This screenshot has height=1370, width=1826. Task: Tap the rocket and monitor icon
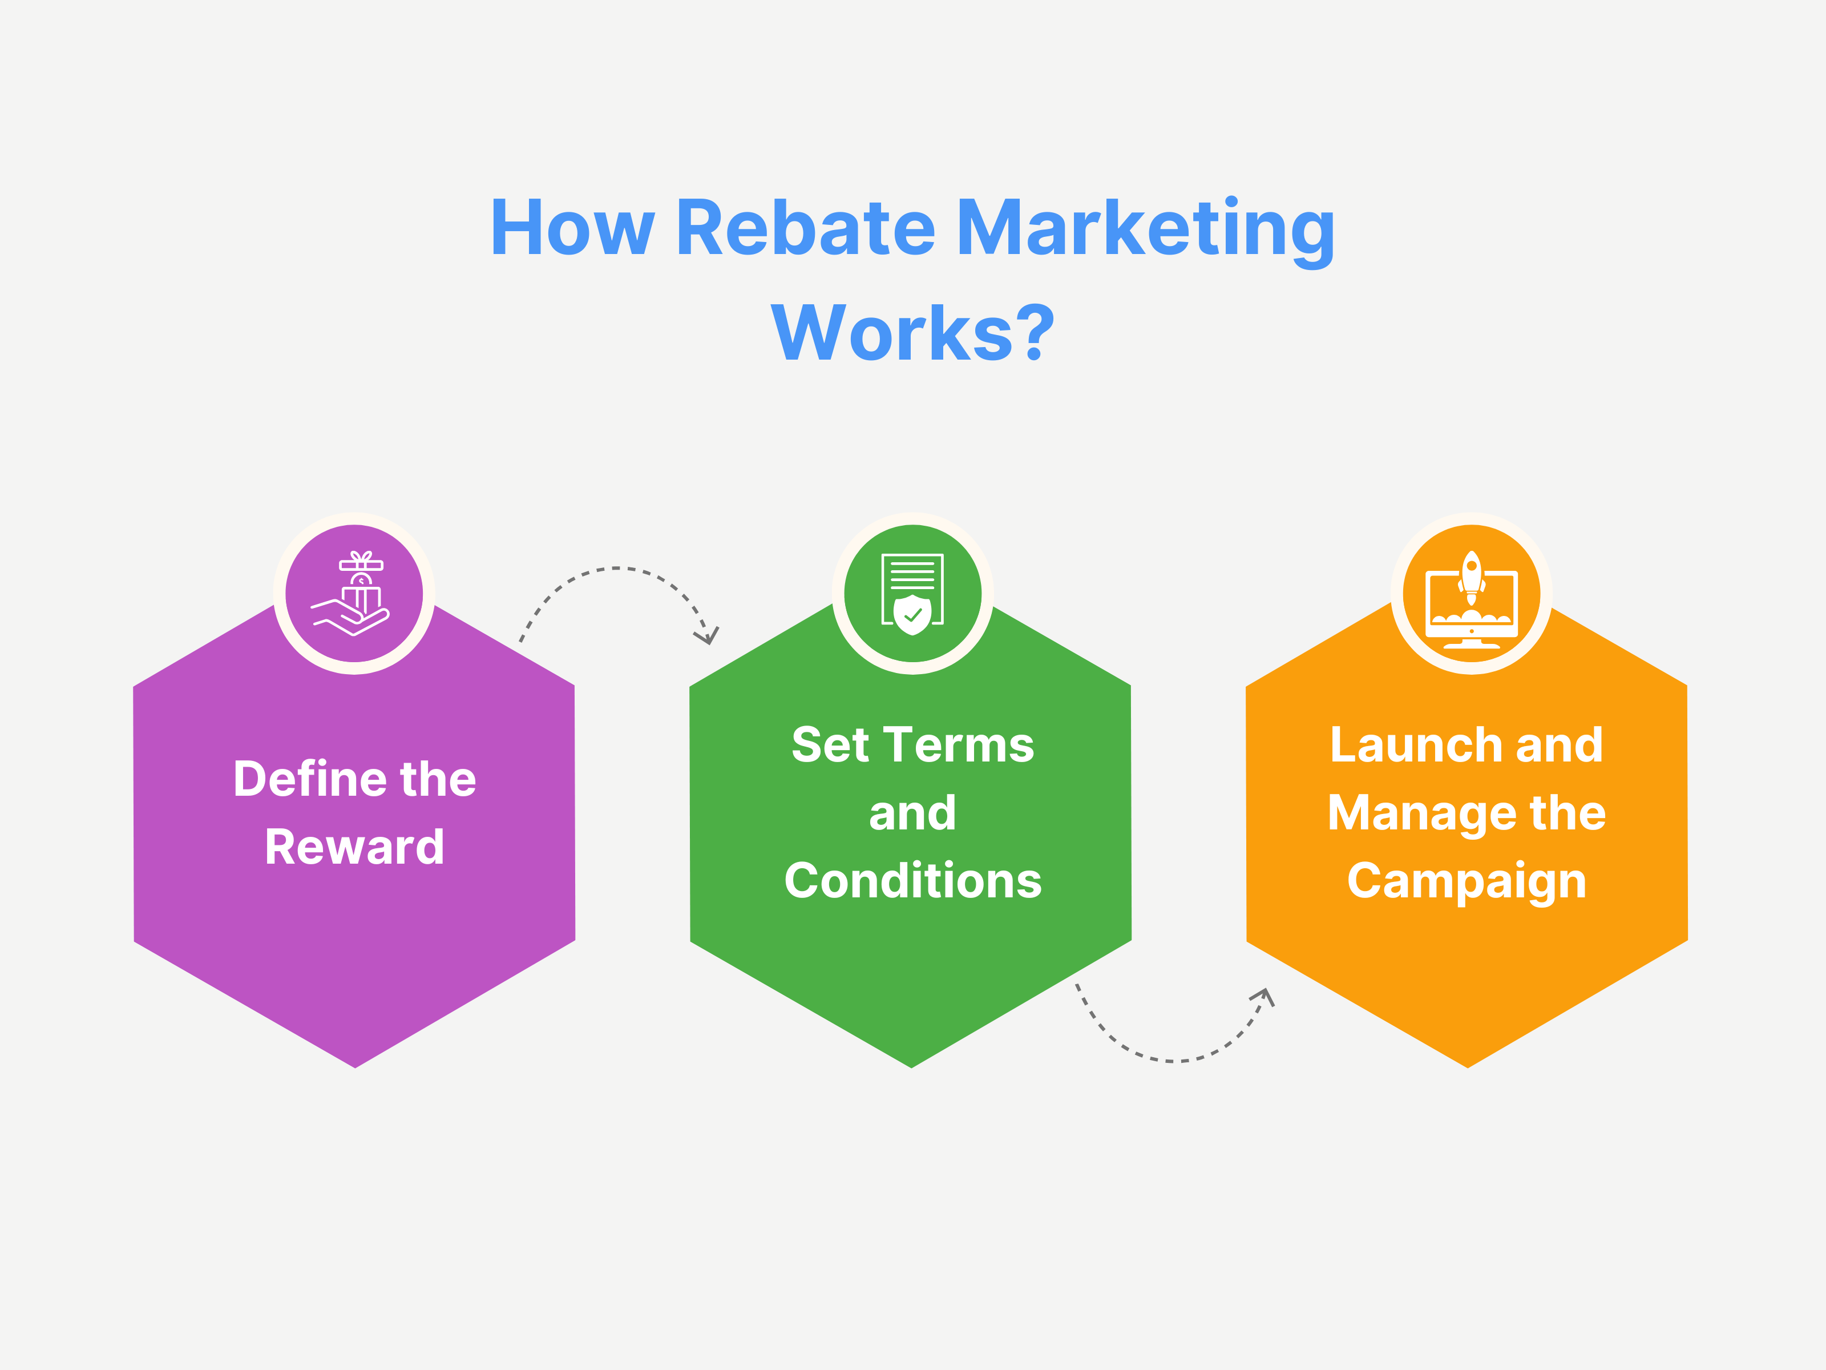[x=1471, y=597]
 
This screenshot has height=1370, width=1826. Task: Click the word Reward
[x=354, y=847]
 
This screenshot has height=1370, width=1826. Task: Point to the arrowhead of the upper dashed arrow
[x=708, y=636]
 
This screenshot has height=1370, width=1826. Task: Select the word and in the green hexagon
[x=912, y=813]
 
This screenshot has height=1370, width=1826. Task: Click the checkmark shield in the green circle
[x=912, y=614]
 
